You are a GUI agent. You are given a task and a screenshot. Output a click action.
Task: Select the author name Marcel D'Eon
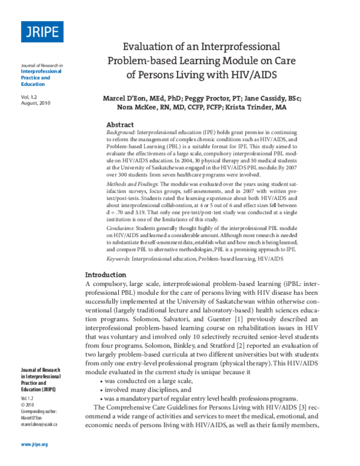tap(122, 98)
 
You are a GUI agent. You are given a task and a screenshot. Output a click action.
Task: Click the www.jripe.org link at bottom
tap(34, 444)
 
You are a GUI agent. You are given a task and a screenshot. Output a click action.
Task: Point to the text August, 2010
tap(38, 103)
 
